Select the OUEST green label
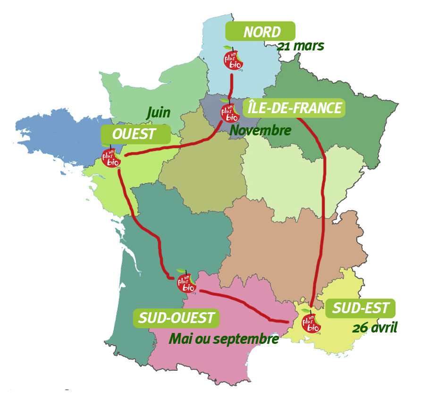[135, 134]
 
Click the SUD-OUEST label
[177, 318]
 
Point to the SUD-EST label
[361, 309]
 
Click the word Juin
[158, 113]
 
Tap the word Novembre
[261, 130]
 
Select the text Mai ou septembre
[221, 338]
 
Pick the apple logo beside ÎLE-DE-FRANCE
[230, 111]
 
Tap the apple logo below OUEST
[111, 156]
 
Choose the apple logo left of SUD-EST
[311, 322]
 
